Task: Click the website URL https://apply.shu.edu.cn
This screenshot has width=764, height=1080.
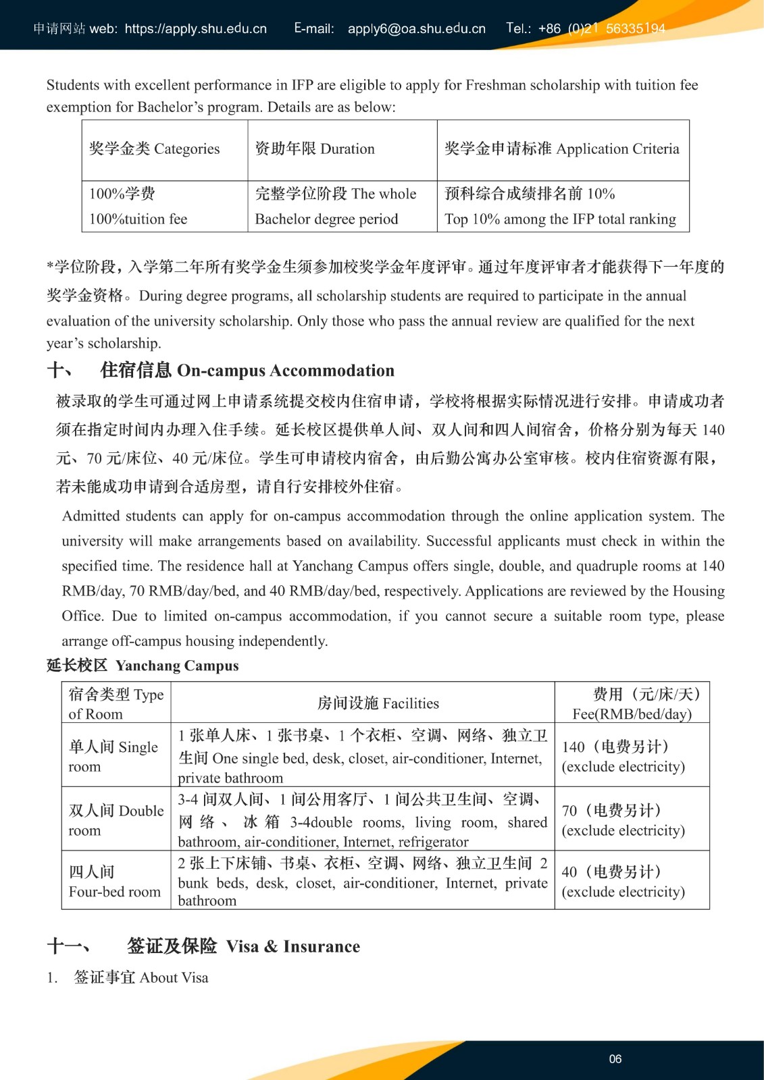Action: click(x=196, y=28)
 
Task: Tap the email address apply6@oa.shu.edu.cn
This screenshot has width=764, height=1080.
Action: click(x=416, y=28)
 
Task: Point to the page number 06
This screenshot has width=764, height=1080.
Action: click(x=615, y=1059)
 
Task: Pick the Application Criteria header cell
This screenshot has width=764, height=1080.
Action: click(x=562, y=148)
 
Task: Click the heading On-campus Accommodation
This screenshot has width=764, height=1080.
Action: click(x=285, y=371)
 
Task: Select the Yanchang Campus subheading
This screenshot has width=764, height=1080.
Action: click(x=176, y=666)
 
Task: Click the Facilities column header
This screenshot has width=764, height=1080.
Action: click(x=378, y=703)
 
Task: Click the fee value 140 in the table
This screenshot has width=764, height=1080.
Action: click(x=574, y=747)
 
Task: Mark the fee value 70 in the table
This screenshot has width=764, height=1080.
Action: click(x=569, y=810)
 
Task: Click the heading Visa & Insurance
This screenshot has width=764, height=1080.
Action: click(x=292, y=946)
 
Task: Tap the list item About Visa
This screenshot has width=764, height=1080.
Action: click(x=141, y=977)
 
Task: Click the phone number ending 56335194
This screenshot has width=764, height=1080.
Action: click(x=635, y=28)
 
